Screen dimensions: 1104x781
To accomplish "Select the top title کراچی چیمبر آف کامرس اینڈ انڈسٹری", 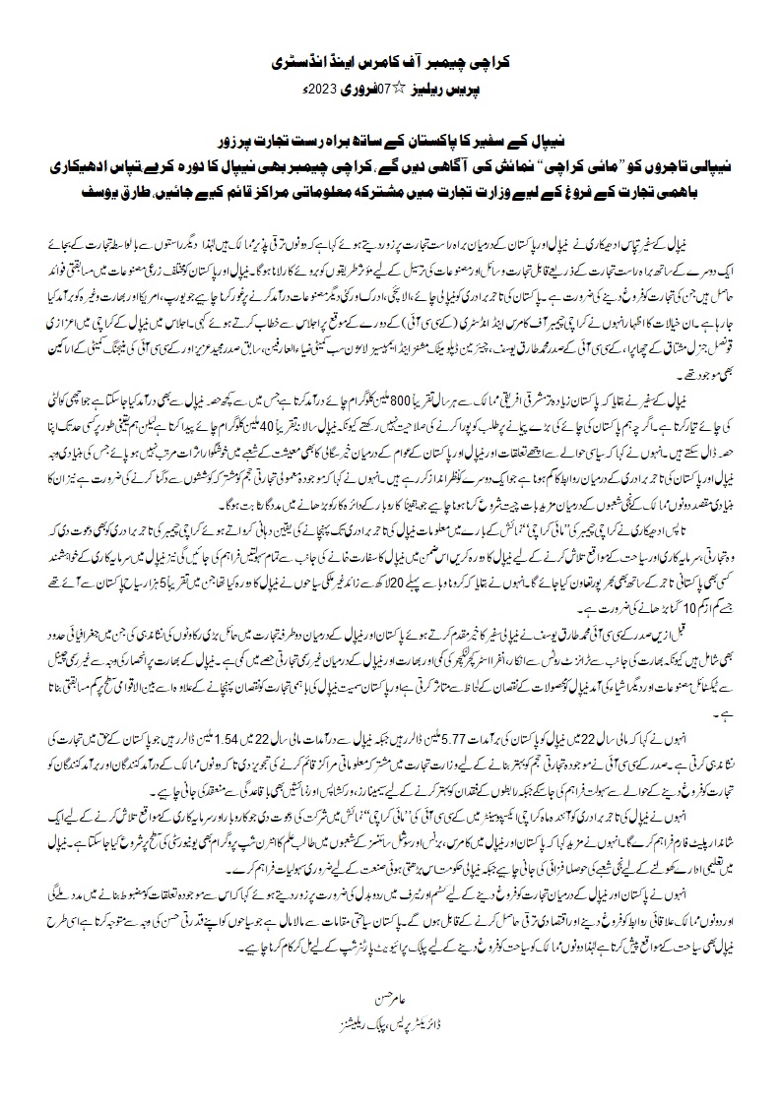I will click(391, 61).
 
